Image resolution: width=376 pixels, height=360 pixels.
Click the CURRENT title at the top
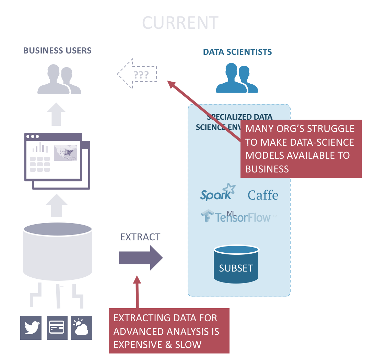point(180,23)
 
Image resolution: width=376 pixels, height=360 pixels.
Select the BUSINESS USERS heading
point(57,51)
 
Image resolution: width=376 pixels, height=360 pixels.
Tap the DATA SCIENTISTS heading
point(237,52)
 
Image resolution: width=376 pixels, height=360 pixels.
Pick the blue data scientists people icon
point(237,79)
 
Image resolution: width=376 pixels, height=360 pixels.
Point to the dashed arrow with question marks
point(137,74)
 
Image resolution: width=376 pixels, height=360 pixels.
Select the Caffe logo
point(263,195)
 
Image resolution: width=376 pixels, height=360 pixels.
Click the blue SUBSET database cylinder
point(236,264)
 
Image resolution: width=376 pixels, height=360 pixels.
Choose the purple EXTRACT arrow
point(141,257)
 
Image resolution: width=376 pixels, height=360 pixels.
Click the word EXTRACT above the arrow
point(140,237)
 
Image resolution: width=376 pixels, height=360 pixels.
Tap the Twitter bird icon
point(31,327)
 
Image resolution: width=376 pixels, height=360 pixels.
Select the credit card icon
point(57,327)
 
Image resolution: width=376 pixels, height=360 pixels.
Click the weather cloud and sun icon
point(82,327)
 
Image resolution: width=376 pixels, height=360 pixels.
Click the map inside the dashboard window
point(66,152)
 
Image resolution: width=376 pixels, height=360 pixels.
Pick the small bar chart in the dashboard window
point(39,148)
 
